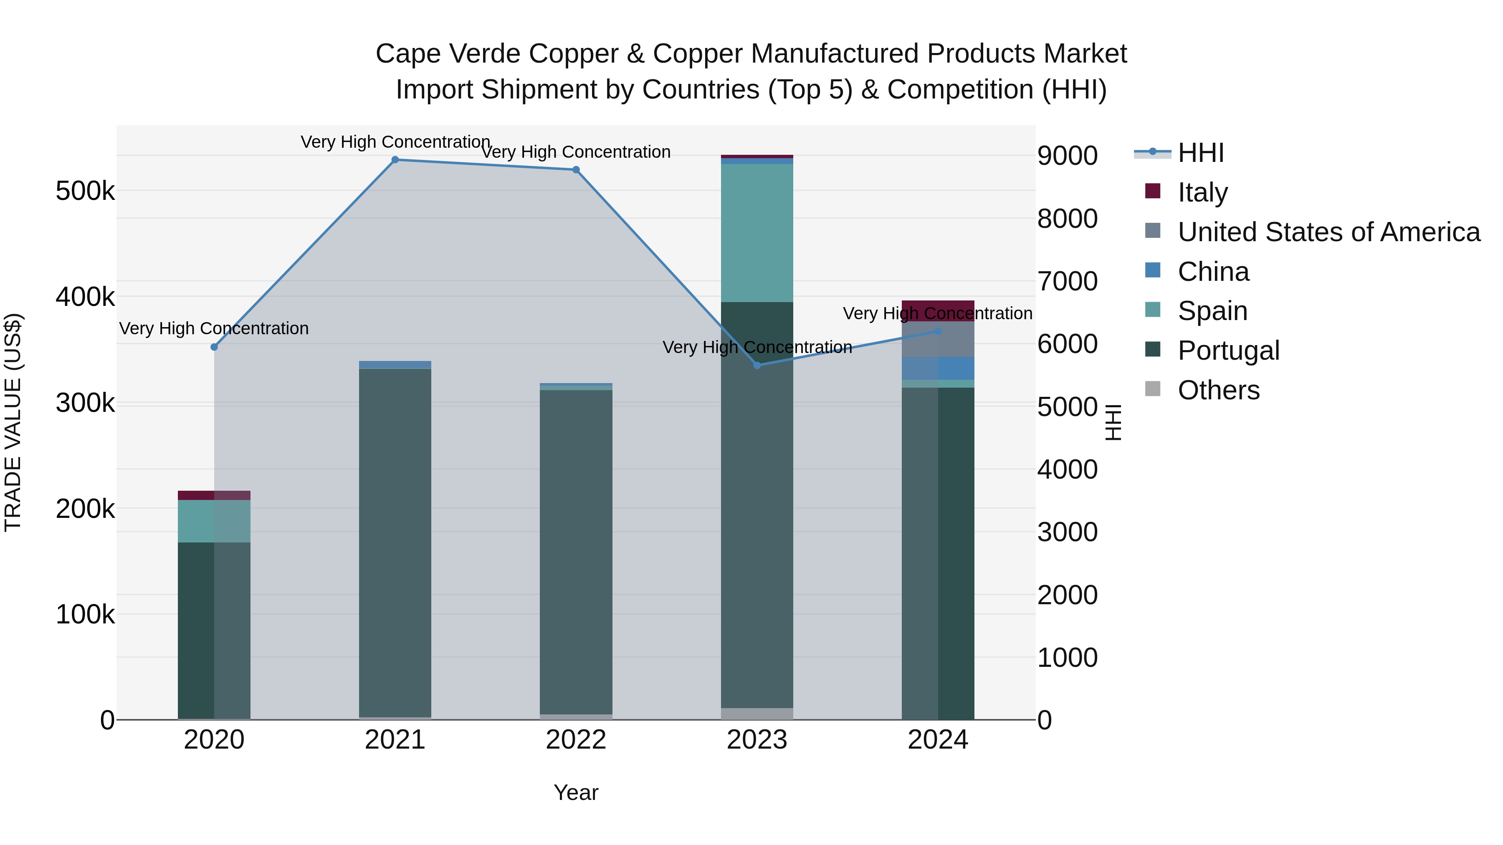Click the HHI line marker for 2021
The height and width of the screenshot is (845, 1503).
click(395, 160)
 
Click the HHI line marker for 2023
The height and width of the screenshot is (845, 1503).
click(757, 366)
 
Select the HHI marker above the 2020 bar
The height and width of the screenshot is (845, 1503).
click(214, 347)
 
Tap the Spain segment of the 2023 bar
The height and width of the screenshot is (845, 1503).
click(757, 233)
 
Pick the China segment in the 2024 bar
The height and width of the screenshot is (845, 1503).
click(938, 368)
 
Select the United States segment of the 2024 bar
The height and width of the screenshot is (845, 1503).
click(938, 339)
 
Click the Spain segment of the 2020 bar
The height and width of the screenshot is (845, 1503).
click(214, 521)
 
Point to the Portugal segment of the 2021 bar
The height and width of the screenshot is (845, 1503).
click(395, 542)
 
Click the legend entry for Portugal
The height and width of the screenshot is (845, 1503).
click(1228, 351)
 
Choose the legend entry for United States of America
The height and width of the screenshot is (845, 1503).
click(1328, 232)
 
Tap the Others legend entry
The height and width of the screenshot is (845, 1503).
click(1218, 390)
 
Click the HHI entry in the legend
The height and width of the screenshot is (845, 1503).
click(1200, 153)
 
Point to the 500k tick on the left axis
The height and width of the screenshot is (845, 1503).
click(85, 191)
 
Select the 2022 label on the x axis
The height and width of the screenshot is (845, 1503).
click(576, 740)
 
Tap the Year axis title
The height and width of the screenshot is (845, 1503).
click(576, 792)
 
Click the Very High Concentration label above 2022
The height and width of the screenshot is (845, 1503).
click(576, 152)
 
